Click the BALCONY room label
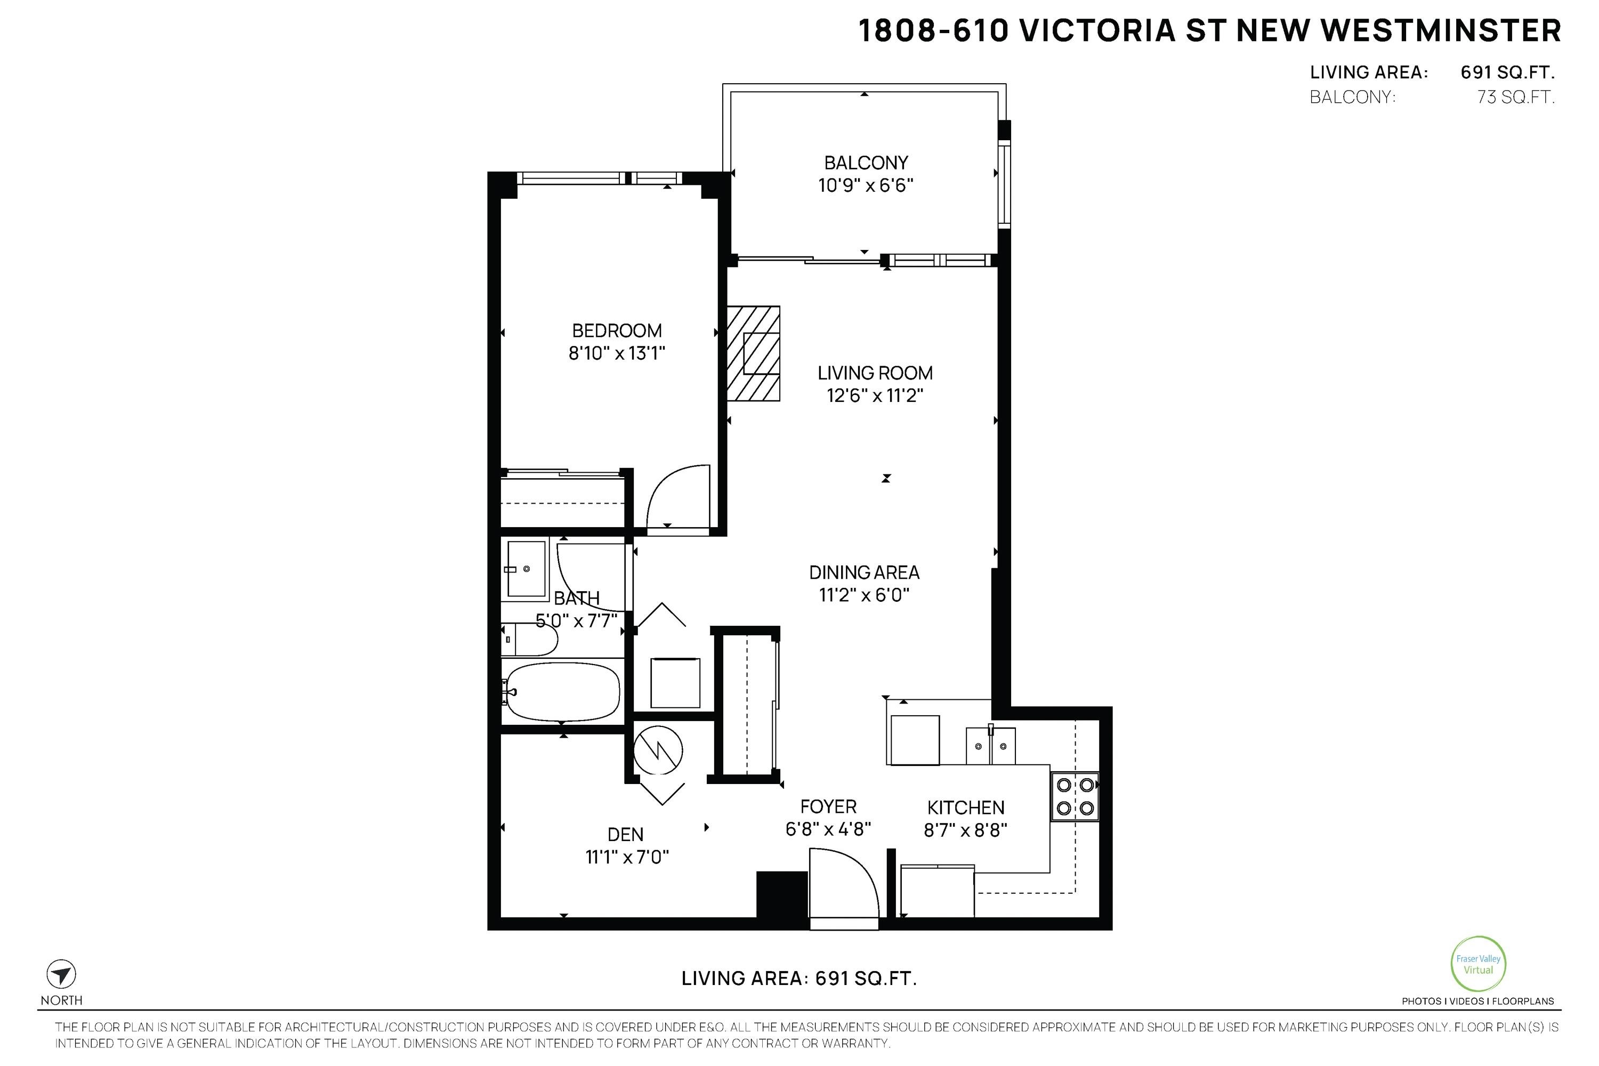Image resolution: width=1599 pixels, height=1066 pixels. (x=866, y=163)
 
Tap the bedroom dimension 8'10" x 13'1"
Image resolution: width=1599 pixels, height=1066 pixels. (x=616, y=353)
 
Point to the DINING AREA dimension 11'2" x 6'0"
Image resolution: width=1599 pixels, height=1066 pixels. (x=863, y=595)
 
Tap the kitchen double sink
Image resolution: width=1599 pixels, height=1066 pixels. (x=990, y=746)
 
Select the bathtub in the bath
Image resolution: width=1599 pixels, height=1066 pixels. (x=563, y=692)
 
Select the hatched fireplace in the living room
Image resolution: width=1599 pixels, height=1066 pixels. (x=753, y=353)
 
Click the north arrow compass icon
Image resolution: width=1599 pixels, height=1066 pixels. (x=61, y=974)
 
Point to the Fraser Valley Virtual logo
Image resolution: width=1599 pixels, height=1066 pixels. (x=1478, y=964)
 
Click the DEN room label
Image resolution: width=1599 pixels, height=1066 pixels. (x=625, y=834)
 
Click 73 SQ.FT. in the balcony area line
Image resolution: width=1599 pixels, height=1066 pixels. (x=1515, y=97)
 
